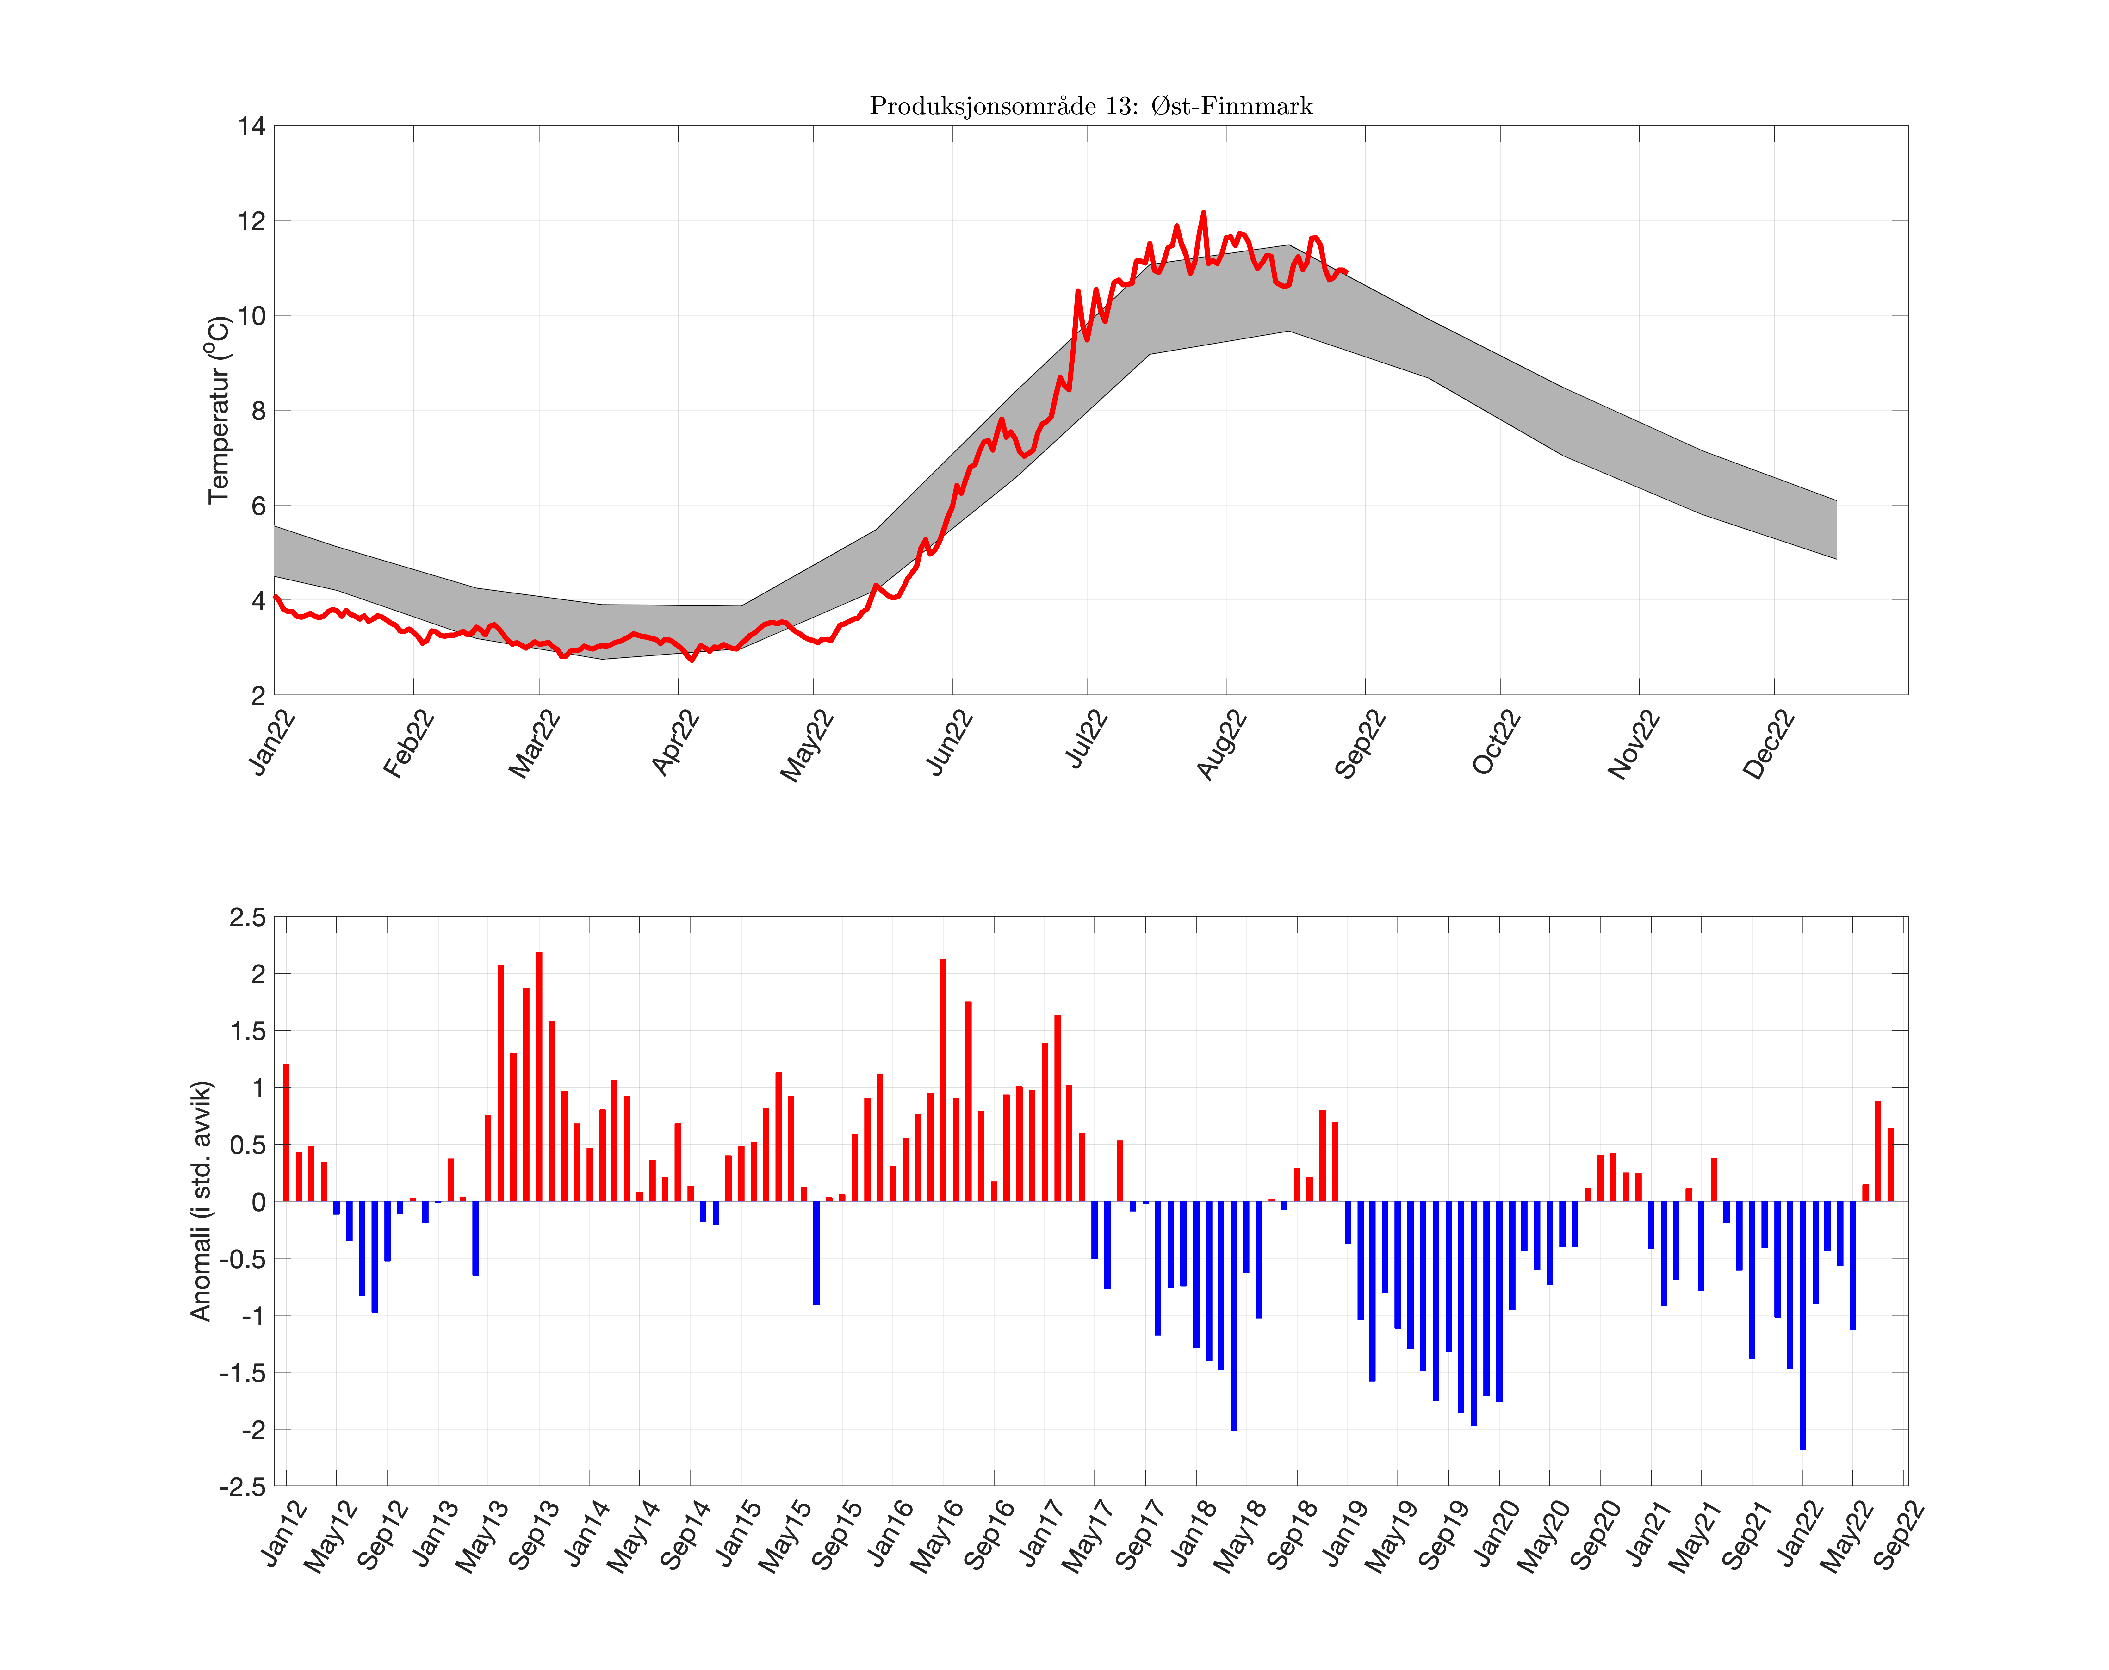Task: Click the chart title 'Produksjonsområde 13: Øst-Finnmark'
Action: pos(1090,106)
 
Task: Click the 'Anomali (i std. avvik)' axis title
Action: pos(201,1201)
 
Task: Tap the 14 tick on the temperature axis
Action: pos(251,126)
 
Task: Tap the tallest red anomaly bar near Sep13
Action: pos(539,1076)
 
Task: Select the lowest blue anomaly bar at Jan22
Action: pos(1802,1325)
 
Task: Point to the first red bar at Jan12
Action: pos(287,1132)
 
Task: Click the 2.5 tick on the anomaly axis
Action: pos(247,917)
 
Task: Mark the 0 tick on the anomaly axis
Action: pos(258,1202)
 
